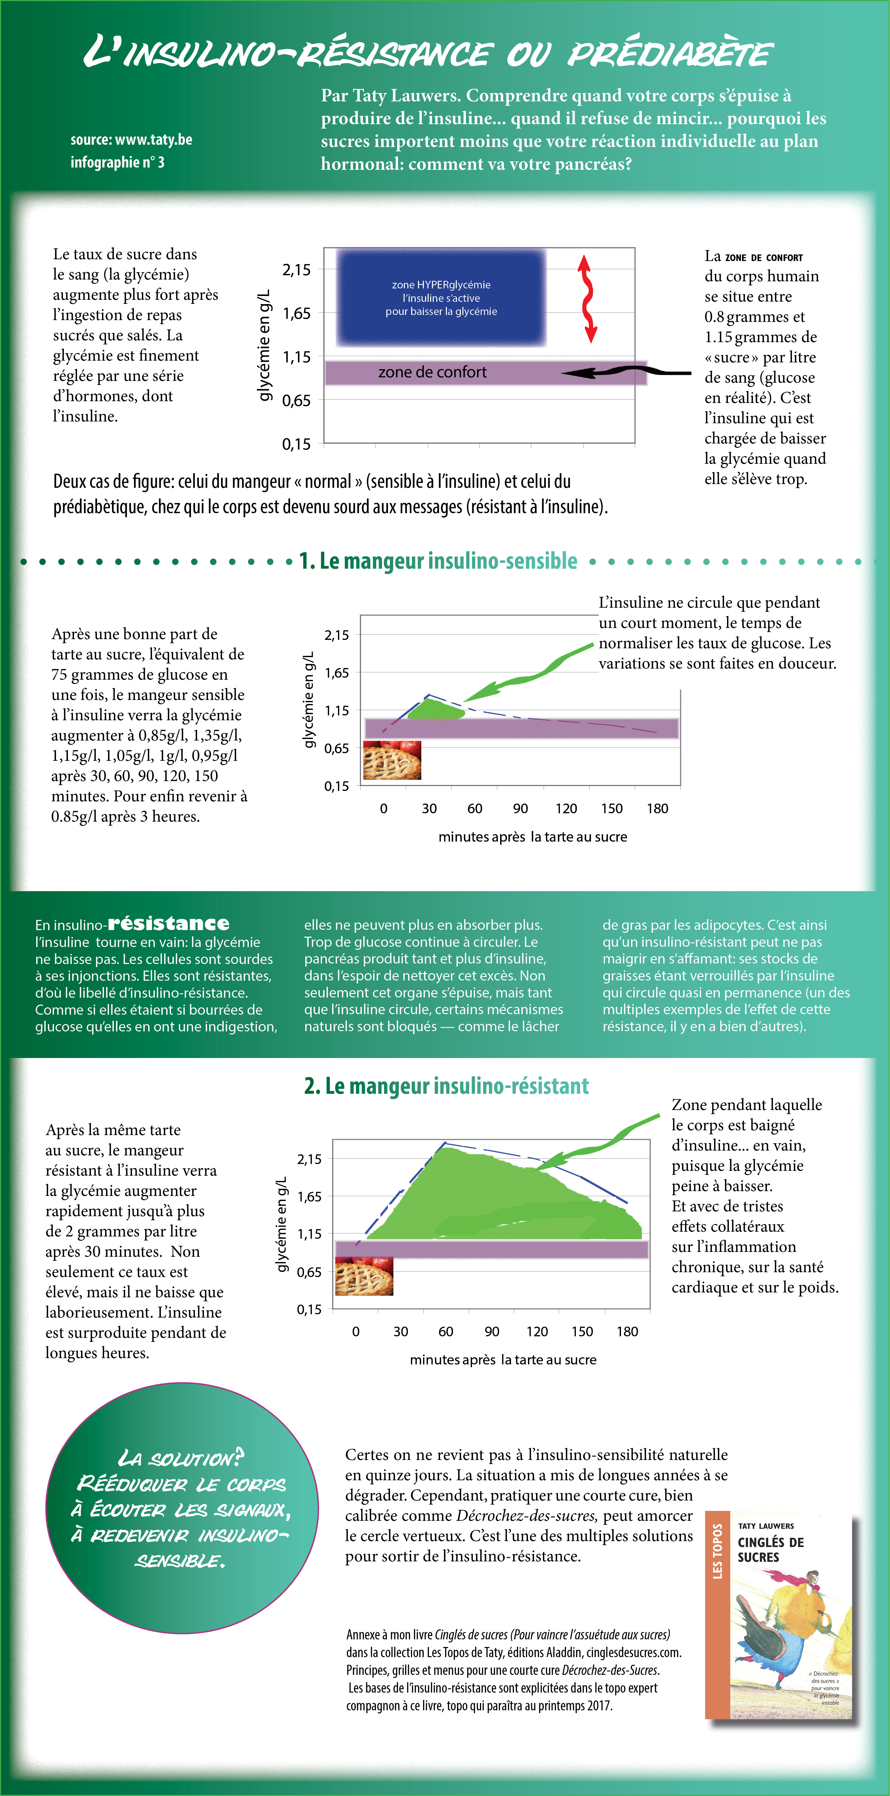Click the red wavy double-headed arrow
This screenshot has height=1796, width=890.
588,298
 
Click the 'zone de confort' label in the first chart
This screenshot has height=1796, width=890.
432,372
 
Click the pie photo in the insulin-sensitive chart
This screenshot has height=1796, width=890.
392,760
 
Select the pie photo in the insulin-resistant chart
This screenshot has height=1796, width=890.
364,1276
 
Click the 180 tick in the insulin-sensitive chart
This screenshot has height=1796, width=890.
657,809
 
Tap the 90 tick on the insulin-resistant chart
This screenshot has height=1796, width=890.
492,1332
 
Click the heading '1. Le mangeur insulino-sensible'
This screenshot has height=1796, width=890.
438,561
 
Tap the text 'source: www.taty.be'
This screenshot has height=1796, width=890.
131,139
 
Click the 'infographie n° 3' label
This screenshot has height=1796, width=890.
117,162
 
